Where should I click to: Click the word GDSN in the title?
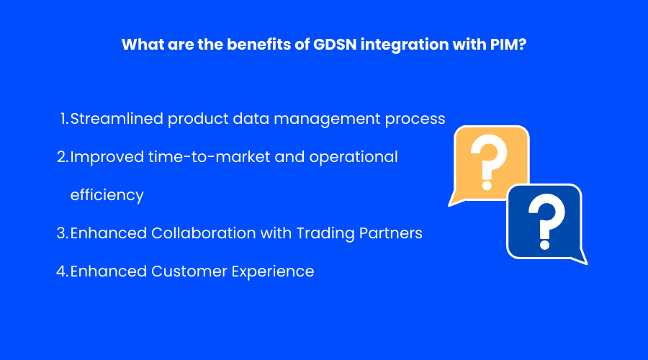click(334, 44)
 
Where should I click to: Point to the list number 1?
click(64, 119)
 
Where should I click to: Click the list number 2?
click(63, 157)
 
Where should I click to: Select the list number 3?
click(63, 233)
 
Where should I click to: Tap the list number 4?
click(63, 271)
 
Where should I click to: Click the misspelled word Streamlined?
click(117, 119)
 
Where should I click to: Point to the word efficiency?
click(107, 195)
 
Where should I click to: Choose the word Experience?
click(273, 272)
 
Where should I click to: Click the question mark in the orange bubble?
click(488, 161)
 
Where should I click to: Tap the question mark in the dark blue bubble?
click(546, 221)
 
